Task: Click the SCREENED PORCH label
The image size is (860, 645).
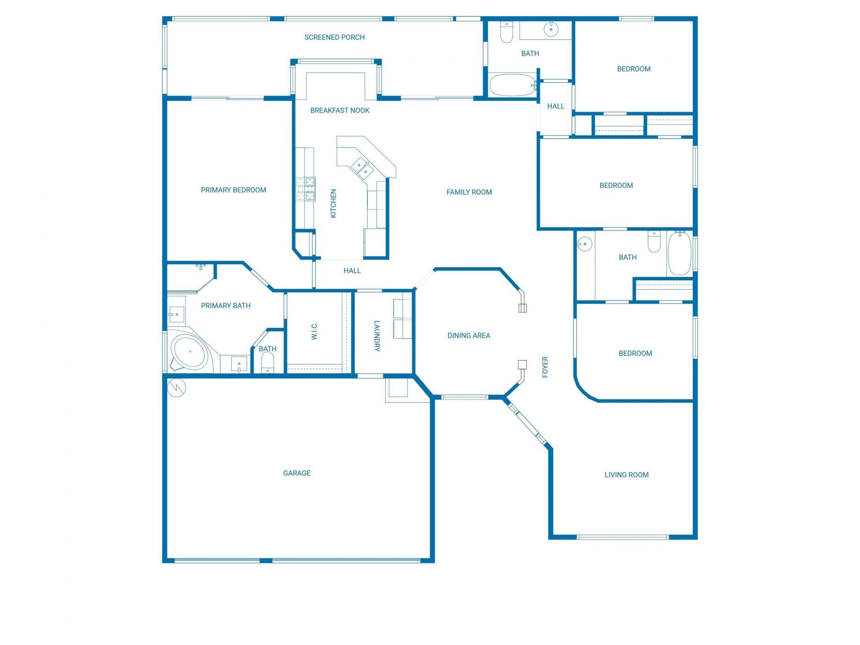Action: click(x=334, y=38)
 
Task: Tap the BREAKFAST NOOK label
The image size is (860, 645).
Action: click(x=340, y=111)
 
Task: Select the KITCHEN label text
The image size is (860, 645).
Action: click(x=333, y=203)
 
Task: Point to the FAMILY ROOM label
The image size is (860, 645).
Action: click(x=469, y=192)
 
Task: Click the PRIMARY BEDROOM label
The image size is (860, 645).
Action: click(x=233, y=190)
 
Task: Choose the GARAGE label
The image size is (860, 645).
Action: click(x=297, y=473)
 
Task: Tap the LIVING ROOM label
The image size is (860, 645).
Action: click(x=626, y=475)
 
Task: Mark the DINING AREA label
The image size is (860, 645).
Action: click(x=469, y=335)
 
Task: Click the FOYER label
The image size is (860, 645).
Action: click(x=545, y=367)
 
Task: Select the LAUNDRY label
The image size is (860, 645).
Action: click(x=377, y=336)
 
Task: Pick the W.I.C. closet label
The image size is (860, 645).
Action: click(x=314, y=331)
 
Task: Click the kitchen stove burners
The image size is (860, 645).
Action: click(x=305, y=189)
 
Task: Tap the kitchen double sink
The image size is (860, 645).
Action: click(x=362, y=168)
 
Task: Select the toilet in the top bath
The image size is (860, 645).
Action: click(x=506, y=32)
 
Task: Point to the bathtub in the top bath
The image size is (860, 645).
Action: click(x=512, y=85)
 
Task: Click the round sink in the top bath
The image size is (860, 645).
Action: click(x=551, y=30)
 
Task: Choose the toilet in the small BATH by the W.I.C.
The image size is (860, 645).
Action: click(x=267, y=362)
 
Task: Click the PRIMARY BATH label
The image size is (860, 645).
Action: click(x=226, y=306)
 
